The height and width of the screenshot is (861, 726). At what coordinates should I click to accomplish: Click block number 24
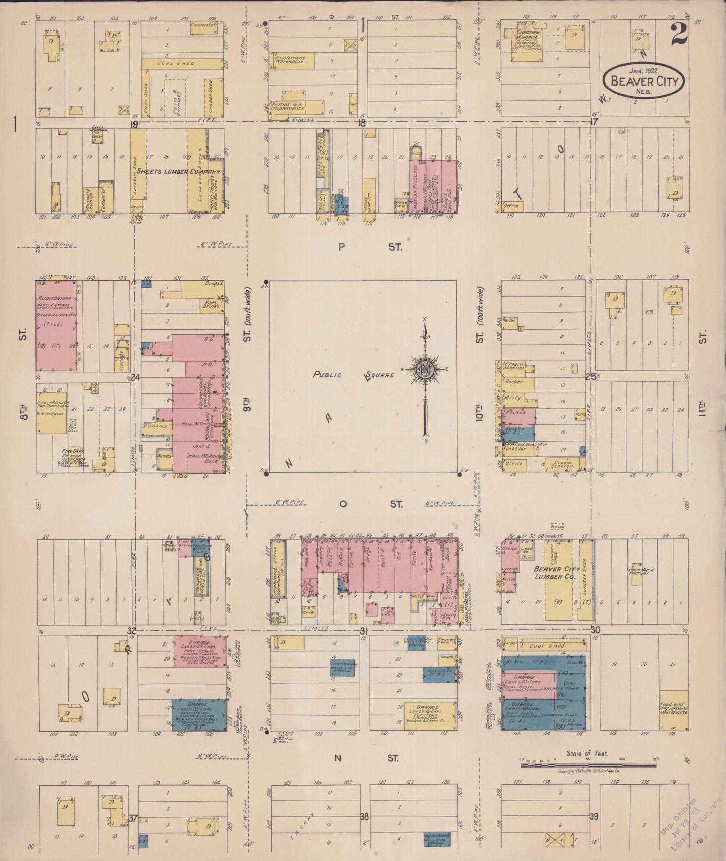135,377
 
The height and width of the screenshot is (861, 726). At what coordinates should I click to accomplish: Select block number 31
364,631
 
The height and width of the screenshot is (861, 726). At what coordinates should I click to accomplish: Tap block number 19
134,123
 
